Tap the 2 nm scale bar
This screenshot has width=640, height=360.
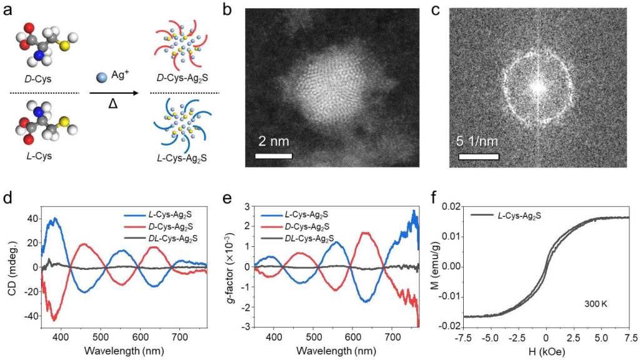[x=274, y=154]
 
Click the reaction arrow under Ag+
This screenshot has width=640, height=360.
[x=114, y=93]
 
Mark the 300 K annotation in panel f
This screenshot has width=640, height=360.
[x=594, y=304]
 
